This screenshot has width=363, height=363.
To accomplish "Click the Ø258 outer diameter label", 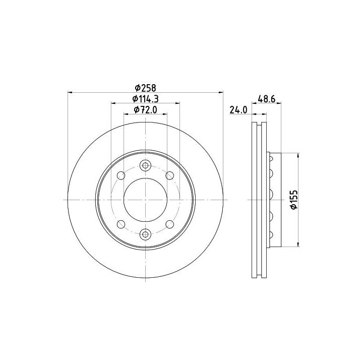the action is (146, 88).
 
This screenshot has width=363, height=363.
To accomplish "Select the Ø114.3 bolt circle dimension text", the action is (145, 99).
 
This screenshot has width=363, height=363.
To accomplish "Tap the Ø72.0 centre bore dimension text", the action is (145, 110).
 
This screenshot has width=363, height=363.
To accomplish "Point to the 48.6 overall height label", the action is (266, 99).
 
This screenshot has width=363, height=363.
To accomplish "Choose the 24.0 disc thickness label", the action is (238, 110).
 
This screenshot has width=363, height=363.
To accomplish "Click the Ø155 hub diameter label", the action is (294, 200).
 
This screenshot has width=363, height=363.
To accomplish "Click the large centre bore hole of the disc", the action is (145, 200).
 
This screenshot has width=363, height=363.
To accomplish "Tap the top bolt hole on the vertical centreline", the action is (145, 165).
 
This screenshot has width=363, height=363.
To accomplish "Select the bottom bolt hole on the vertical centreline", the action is (145, 234).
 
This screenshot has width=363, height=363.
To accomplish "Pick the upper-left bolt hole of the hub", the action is (121, 175).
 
